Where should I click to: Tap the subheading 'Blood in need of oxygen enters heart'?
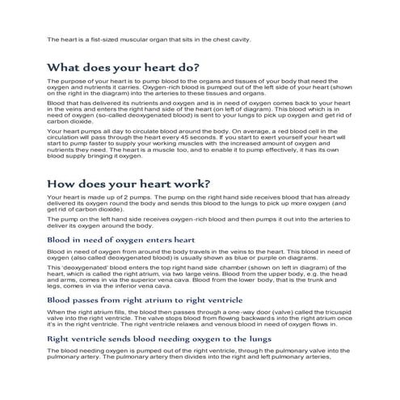pyautogui.click(x=120, y=240)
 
